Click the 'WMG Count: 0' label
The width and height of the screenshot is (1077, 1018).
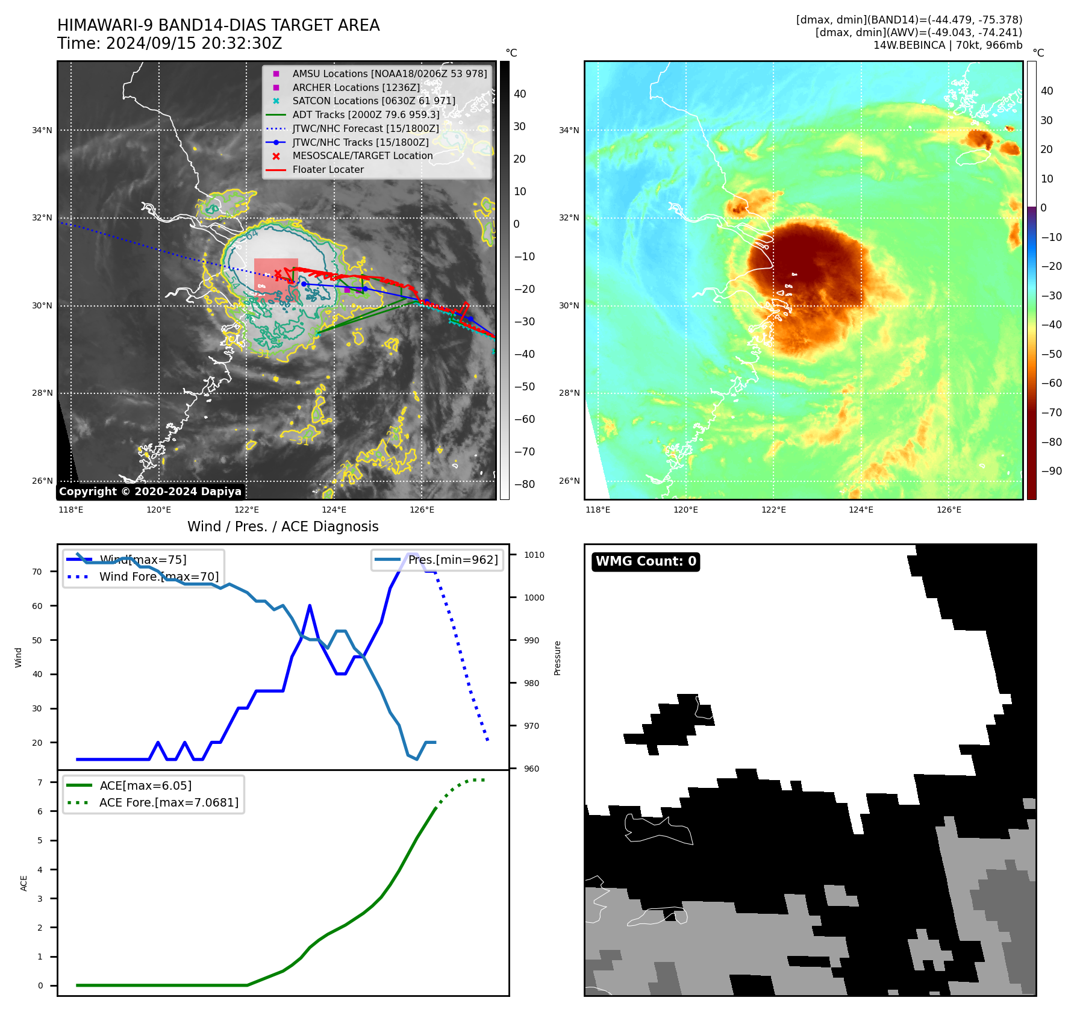click(646, 561)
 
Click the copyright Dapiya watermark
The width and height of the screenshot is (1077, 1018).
click(150, 492)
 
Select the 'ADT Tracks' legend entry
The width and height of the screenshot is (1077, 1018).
click(366, 114)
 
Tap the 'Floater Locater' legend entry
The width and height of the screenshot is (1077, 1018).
click(328, 170)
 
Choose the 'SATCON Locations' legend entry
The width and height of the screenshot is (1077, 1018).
click(373, 101)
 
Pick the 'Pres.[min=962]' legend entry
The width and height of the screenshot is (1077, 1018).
click(453, 560)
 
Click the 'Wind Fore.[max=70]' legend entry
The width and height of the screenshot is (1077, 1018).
click(158, 576)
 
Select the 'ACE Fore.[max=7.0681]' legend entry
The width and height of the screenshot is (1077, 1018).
click(169, 802)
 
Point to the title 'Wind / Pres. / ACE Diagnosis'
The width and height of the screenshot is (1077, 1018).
click(283, 526)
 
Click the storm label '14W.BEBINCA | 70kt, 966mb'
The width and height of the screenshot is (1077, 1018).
click(947, 45)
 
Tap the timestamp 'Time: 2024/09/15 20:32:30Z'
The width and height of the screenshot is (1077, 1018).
click(170, 43)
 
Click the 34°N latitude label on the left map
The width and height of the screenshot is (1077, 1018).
click(42, 130)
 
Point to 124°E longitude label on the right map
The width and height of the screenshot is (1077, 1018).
click(861, 510)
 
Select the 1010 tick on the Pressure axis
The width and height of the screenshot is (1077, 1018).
click(534, 555)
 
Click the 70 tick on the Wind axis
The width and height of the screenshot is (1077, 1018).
click(37, 572)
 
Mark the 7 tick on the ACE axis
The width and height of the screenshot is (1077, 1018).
click(40, 782)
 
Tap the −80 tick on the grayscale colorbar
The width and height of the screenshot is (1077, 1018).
click(524, 484)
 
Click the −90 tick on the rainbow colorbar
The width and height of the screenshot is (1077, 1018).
click(1052, 471)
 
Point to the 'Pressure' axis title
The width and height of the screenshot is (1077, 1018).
click(558, 658)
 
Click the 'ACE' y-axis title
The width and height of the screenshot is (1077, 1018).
click(24, 883)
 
